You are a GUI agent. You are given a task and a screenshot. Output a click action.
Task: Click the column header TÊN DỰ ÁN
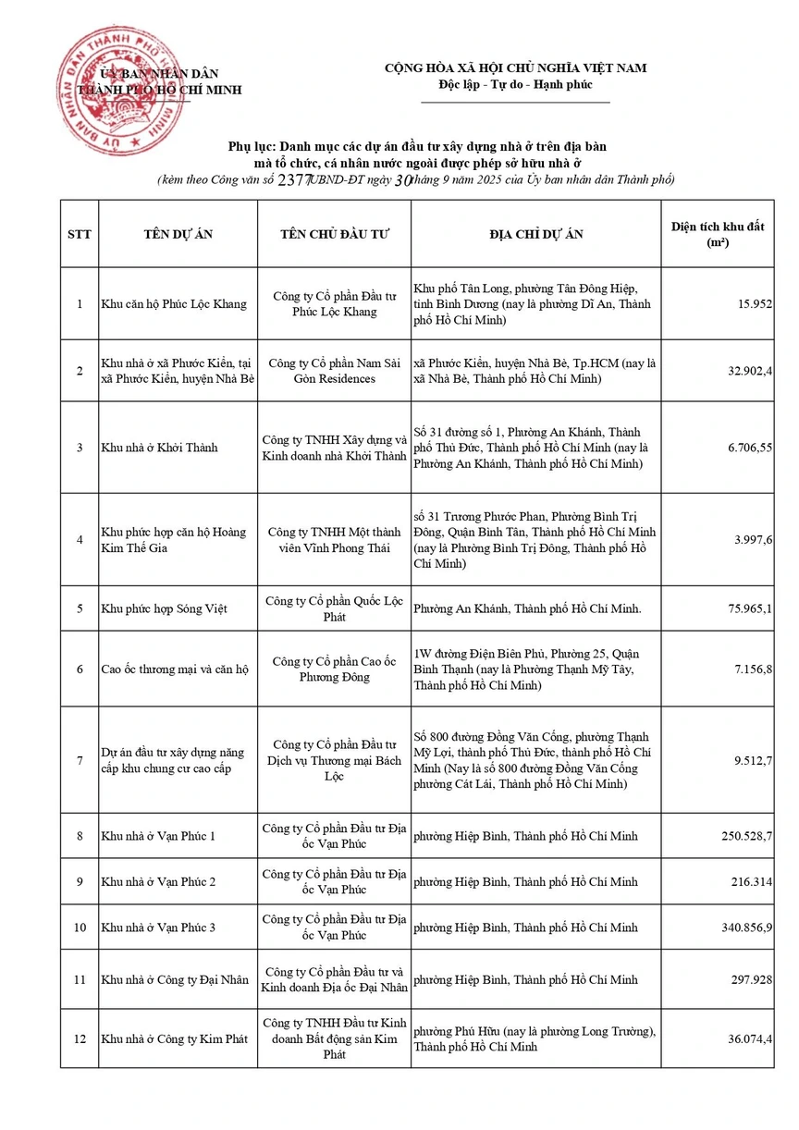178,234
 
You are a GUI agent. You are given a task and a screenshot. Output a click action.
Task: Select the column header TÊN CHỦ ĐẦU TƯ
335,234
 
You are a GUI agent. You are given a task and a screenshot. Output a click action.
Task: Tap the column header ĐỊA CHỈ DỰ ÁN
536,234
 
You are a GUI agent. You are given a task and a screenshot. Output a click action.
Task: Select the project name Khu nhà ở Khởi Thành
160,448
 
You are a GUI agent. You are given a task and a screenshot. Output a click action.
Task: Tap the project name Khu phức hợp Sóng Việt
165,608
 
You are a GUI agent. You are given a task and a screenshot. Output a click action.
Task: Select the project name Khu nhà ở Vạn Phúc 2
159,881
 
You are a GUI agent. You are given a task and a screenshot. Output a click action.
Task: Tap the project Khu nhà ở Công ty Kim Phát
175,1039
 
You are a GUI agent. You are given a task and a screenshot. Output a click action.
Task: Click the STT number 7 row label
80,760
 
